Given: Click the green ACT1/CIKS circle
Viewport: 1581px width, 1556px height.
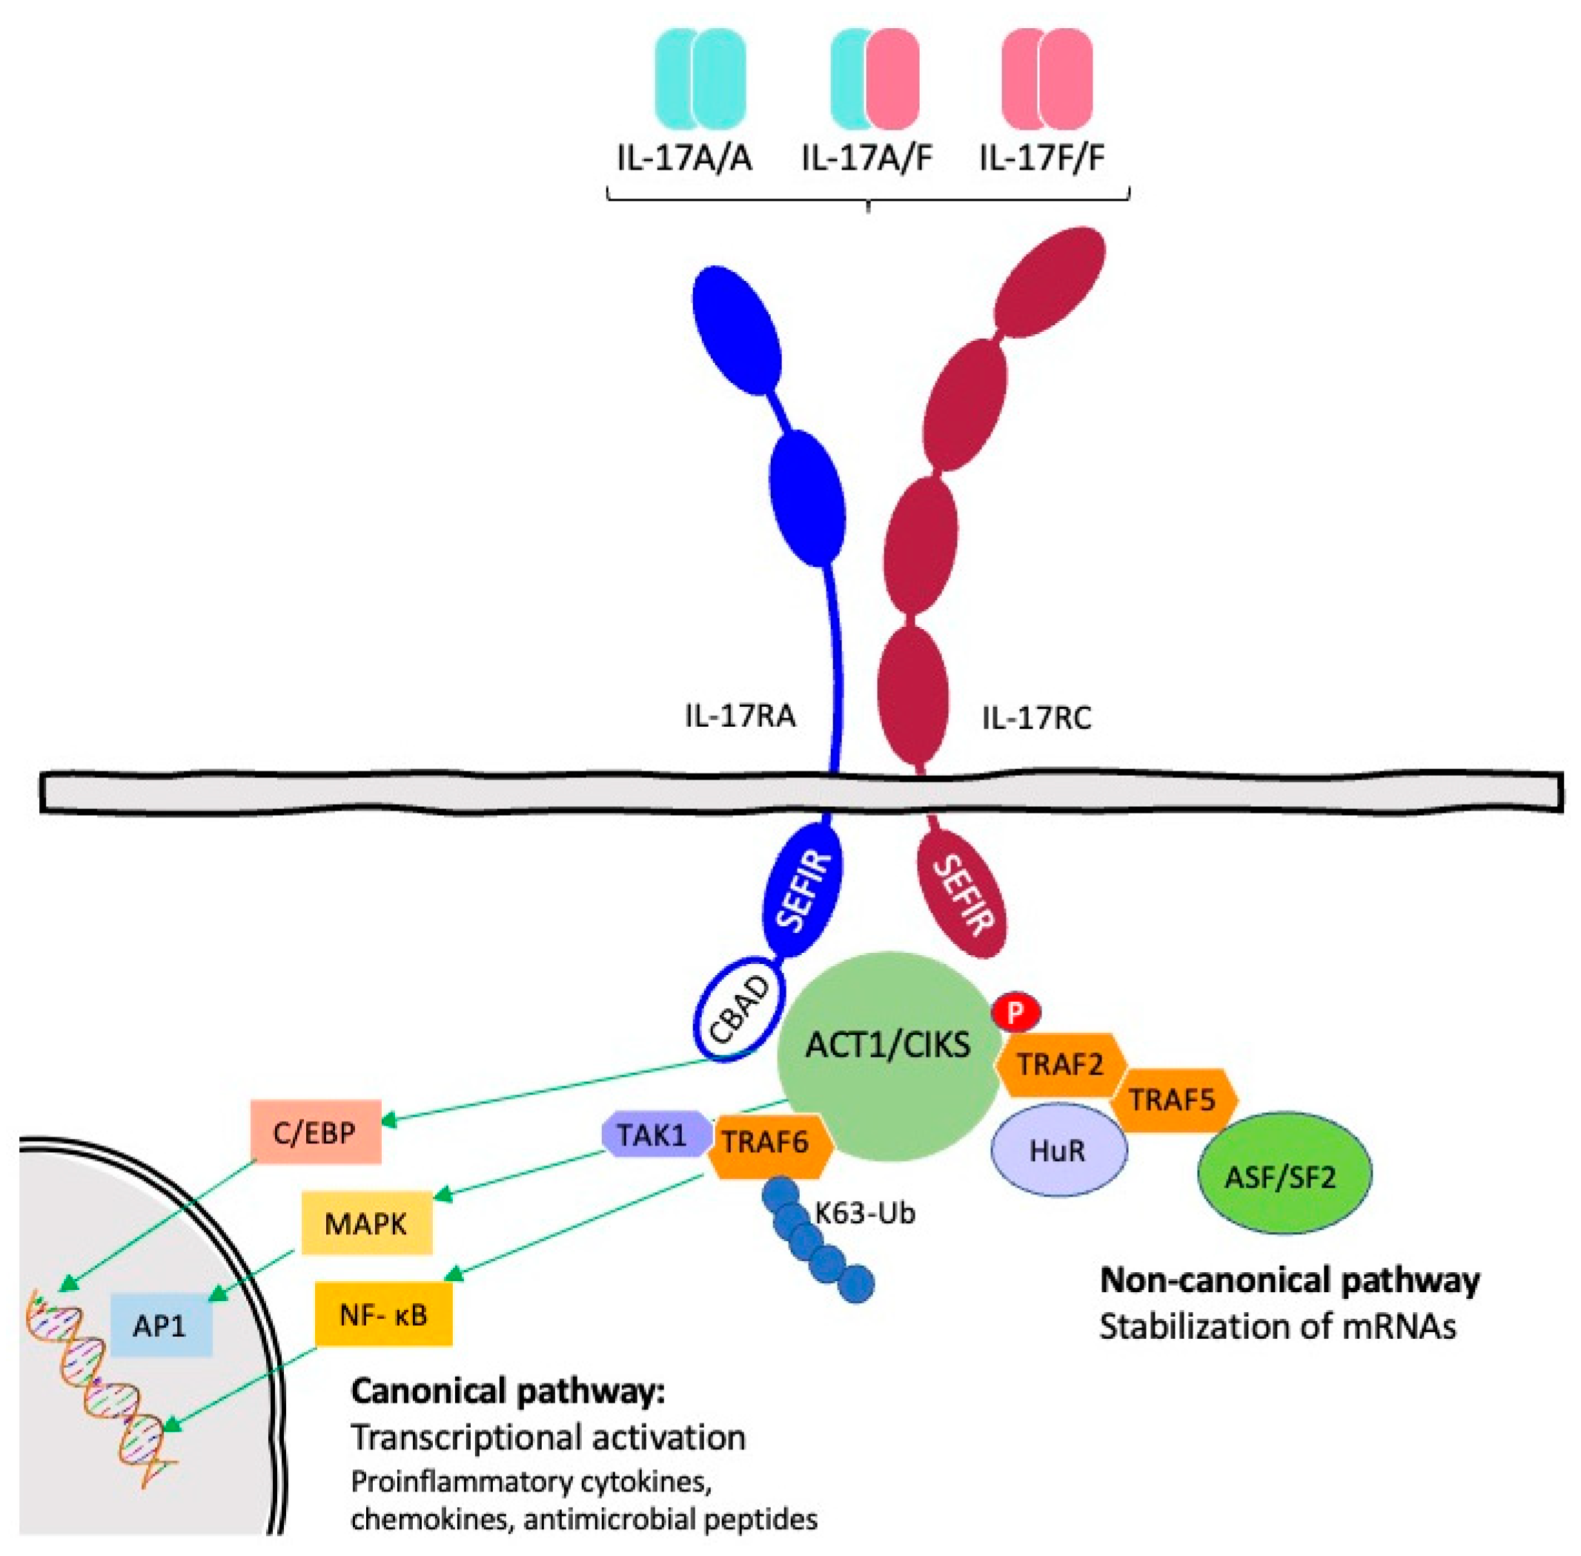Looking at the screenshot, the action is [889, 1056].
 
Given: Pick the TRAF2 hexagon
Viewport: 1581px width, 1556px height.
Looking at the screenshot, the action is [1060, 1064].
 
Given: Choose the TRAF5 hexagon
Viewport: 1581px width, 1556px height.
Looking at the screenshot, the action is [1173, 1100].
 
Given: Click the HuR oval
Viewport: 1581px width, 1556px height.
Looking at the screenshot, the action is [1058, 1151].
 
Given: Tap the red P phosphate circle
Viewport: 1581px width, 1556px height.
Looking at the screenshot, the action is [1015, 1014].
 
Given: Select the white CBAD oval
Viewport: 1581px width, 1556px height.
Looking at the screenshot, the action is [739, 1010].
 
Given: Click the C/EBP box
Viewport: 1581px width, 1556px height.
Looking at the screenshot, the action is [316, 1132].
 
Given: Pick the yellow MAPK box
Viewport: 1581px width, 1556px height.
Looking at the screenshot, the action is [366, 1223].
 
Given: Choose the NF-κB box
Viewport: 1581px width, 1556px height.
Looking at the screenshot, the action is [383, 1314].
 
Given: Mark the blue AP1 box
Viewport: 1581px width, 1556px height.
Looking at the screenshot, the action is [161, 1325].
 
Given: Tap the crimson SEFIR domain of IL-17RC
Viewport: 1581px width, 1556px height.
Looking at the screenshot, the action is [961, 894].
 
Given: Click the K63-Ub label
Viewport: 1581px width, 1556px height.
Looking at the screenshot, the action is [865, 1213].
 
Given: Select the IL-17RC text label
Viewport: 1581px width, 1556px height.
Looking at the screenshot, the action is [1035, 718].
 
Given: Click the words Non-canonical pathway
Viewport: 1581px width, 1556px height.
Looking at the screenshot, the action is [1289, 1280].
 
